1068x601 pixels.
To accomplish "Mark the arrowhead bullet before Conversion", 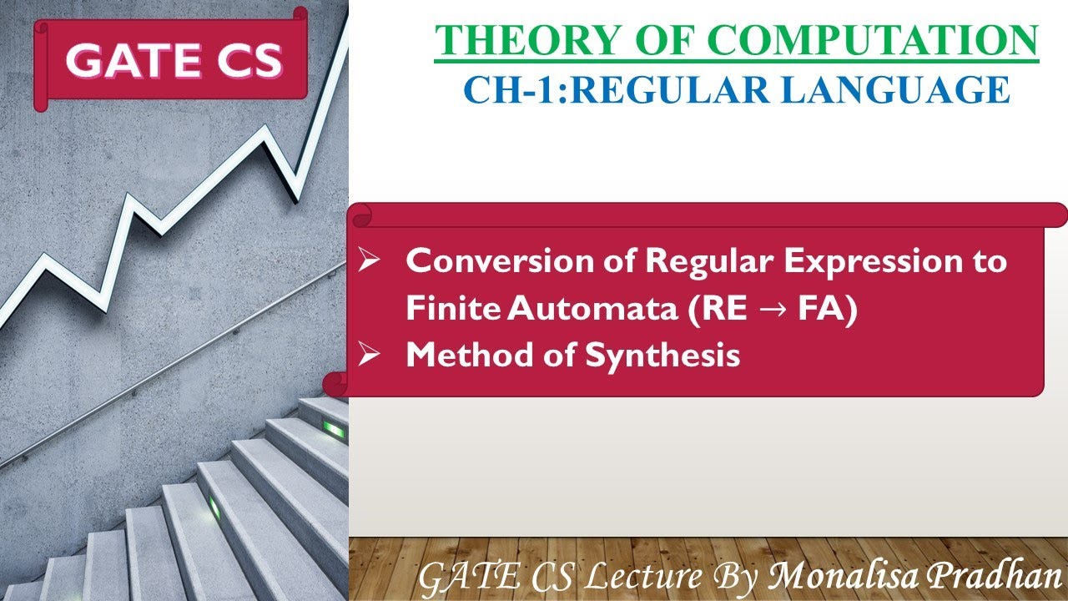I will pos(368,262).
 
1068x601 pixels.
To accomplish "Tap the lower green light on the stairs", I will pos(214,507).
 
